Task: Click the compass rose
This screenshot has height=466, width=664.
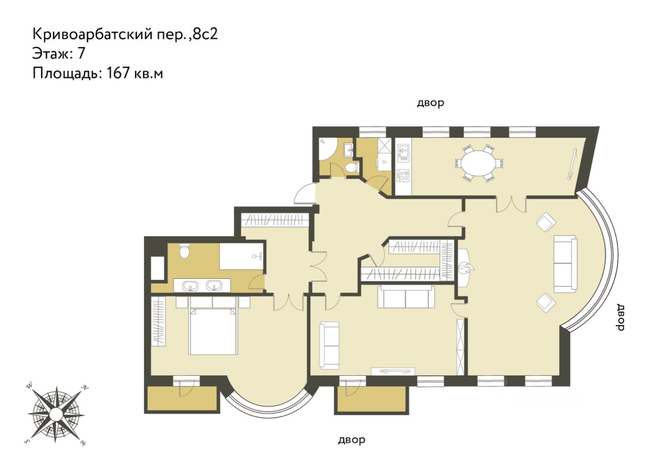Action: [x=57, y=413]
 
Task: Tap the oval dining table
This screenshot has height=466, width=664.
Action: [x=479, y=163]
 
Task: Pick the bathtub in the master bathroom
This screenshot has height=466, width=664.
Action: [x=242, y=257]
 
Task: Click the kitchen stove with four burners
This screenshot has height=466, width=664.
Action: [x=403, y=175]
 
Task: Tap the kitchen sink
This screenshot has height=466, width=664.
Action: [x=403, y=152]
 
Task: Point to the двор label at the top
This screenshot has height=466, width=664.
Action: [x=431, y=103]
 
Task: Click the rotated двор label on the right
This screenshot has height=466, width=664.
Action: [x=619, y=318]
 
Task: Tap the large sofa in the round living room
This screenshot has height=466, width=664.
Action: [x=565, y=264]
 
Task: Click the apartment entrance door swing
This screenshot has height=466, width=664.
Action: [x=305, y=194]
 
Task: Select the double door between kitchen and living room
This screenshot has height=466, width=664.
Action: [x=511, y=204]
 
